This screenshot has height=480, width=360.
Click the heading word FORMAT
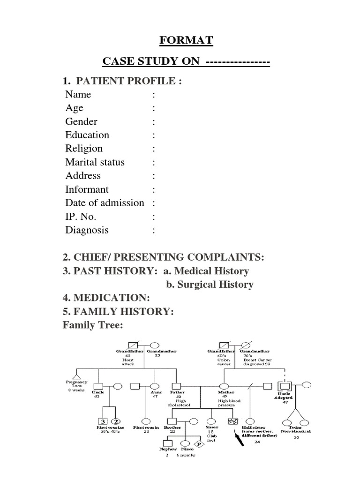click(186, 41)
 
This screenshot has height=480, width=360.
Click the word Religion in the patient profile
click(84, 149)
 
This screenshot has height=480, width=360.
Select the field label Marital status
click(95, 162)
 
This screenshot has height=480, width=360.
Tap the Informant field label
click(87, 189)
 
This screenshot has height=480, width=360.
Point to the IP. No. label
click(81, 217)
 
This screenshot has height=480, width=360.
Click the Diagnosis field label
click(87, 230)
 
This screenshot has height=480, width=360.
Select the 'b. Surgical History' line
click(210, 285)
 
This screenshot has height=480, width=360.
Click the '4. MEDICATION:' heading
click(106, 298)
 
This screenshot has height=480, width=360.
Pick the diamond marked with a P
click(199, 444)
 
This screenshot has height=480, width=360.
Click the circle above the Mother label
click(223, 386)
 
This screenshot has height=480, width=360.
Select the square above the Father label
click(176, 386)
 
